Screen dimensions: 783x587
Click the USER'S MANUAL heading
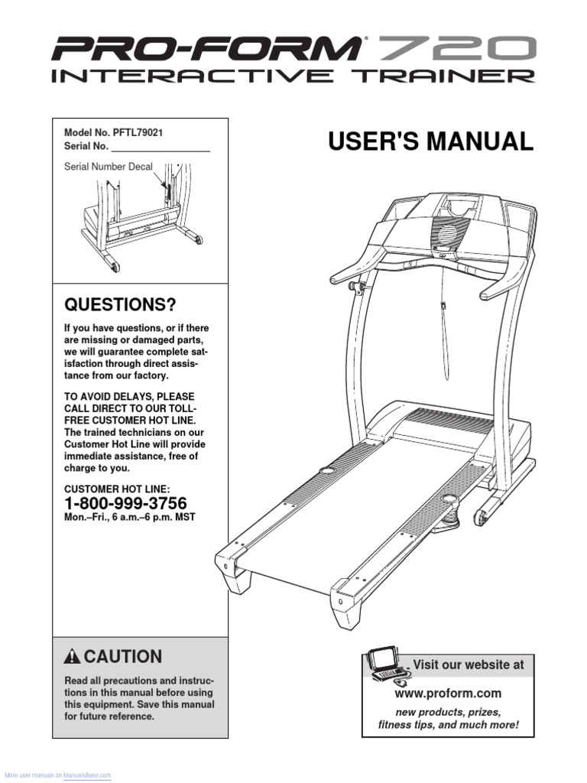pos(430,142)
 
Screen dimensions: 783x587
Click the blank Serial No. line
pos(161,148)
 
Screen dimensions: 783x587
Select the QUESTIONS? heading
pos(120,306)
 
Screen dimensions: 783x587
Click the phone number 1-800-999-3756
pos(125,502)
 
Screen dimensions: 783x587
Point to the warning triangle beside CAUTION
pos(73,657)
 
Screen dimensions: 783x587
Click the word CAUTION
pos(123,657)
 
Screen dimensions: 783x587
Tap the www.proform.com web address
pos(448,694)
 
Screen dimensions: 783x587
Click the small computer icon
pos(388,664)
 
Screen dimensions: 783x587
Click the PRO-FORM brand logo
pos(206,51)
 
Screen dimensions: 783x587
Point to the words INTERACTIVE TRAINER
pos(293,76)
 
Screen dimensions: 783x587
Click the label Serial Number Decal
pos(108,166)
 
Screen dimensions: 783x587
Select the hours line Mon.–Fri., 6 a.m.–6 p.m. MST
pos(130,518)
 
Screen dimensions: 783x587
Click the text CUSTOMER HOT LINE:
pos(117,489)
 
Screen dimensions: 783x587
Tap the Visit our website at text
pos(469,665)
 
